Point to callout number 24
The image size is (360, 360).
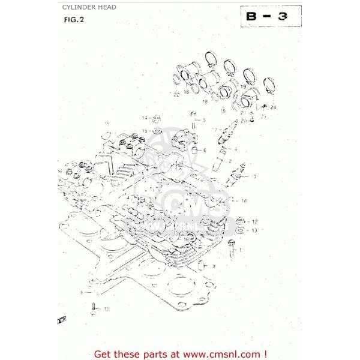point(274,107)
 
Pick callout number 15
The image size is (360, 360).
point(145,130)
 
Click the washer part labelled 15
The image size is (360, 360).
point(157,130)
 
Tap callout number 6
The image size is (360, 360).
point(205,150)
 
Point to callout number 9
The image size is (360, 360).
point(213,265)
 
